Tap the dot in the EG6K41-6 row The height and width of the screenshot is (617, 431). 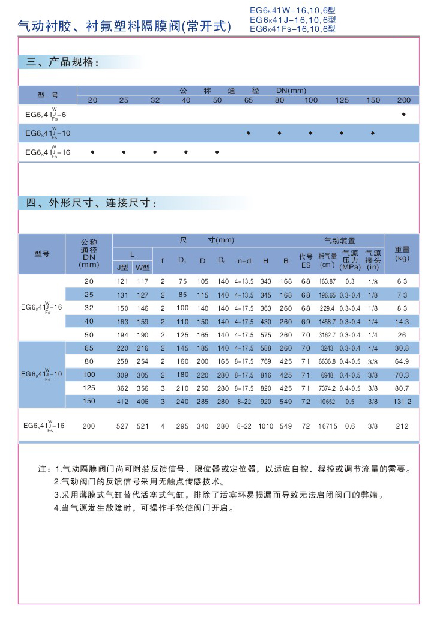coord(404,114)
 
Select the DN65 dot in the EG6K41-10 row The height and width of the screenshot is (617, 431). coord(248,133)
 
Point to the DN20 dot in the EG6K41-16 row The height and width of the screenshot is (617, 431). coord(92,152)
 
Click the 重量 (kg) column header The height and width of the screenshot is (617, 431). coord(402,253)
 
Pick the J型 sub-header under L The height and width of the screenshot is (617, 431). coord(122,267)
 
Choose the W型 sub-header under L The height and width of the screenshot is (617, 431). coord(142,267)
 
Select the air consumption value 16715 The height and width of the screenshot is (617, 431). coord(327,426)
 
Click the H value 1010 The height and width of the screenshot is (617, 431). coord(265,426)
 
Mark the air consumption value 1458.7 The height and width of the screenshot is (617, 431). coord(327,321)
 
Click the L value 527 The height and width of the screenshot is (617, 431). coord(122,426)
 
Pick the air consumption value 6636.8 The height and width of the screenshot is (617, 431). coord(327,361)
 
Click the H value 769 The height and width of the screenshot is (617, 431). coord(265,361)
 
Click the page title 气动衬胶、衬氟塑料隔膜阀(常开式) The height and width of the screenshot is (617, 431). coord(124,26)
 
